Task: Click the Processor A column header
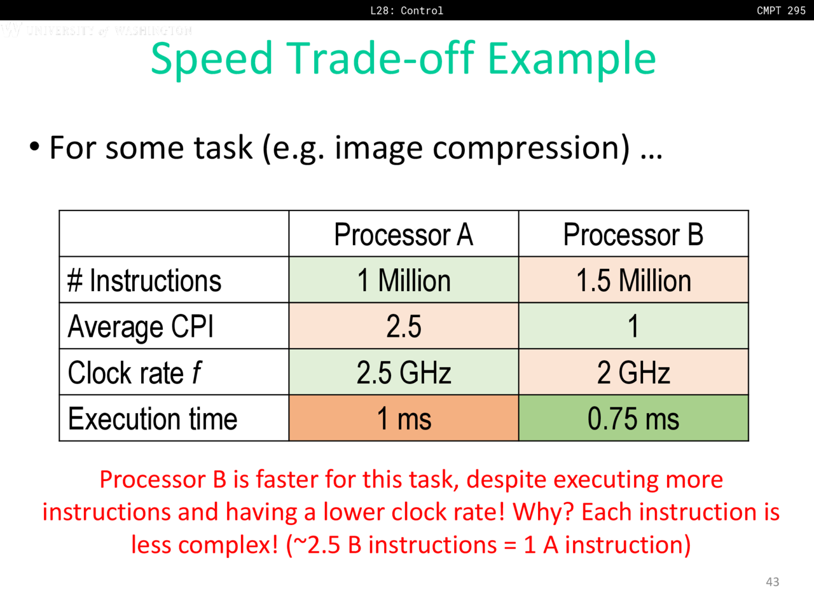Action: [x=403, y=234]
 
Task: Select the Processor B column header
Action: [x=633, y=234]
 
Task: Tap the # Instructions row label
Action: [x=144, y=280]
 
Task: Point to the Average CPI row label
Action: [x=141, y=327]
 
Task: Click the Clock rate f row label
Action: [x=135, y=372]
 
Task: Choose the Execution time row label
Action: [x=153, y=419]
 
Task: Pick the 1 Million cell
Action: [x=403, y=280]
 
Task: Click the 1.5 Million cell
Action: [x=633, y=280]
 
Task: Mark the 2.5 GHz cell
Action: [x=403, y=372]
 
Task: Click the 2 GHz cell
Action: [x=633, y=372]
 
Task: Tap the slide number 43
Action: [x=772, y=582]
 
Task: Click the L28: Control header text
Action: [x=406, y=10]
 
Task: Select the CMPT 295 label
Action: [x=781, y=10]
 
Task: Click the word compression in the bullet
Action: [x=531, y=149]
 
